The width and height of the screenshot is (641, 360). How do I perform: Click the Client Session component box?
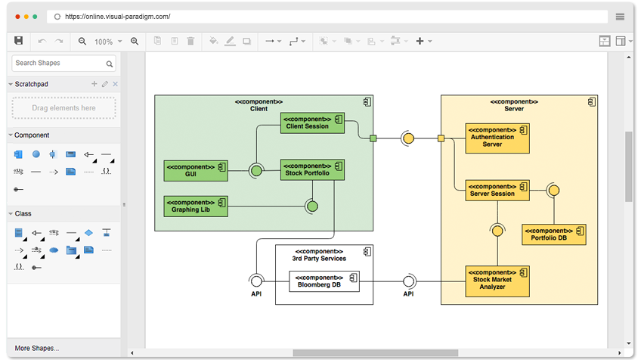(312, 123)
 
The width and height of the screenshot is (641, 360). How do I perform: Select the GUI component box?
(196, 171)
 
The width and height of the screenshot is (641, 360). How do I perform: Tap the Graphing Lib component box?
(196, 206)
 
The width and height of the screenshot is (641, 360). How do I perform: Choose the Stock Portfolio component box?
(312, 169)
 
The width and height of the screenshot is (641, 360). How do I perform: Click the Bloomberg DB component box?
(324, 281)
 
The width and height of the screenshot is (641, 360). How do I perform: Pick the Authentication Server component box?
(497, 138)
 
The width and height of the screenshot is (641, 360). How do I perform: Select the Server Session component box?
(497, 191)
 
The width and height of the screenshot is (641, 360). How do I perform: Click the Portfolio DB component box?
(554, 234)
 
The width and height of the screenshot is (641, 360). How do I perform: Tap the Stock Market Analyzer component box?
(497, 281)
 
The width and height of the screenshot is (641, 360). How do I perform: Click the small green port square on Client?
(373, 138)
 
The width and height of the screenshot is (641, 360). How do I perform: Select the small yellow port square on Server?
(441, 138)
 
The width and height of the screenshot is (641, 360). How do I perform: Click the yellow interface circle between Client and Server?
(408, 138)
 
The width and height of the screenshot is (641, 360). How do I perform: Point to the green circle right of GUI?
(256, 170)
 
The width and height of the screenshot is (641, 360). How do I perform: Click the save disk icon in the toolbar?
(18, 41)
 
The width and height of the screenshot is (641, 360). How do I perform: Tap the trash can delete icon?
(190, 41)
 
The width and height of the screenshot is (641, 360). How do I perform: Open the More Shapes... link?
(37, 348)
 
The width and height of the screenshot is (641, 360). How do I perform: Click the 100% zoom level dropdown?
(108, 42)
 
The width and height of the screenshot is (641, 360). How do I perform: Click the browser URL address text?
(118, 17)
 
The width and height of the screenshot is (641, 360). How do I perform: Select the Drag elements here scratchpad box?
(63, 108)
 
